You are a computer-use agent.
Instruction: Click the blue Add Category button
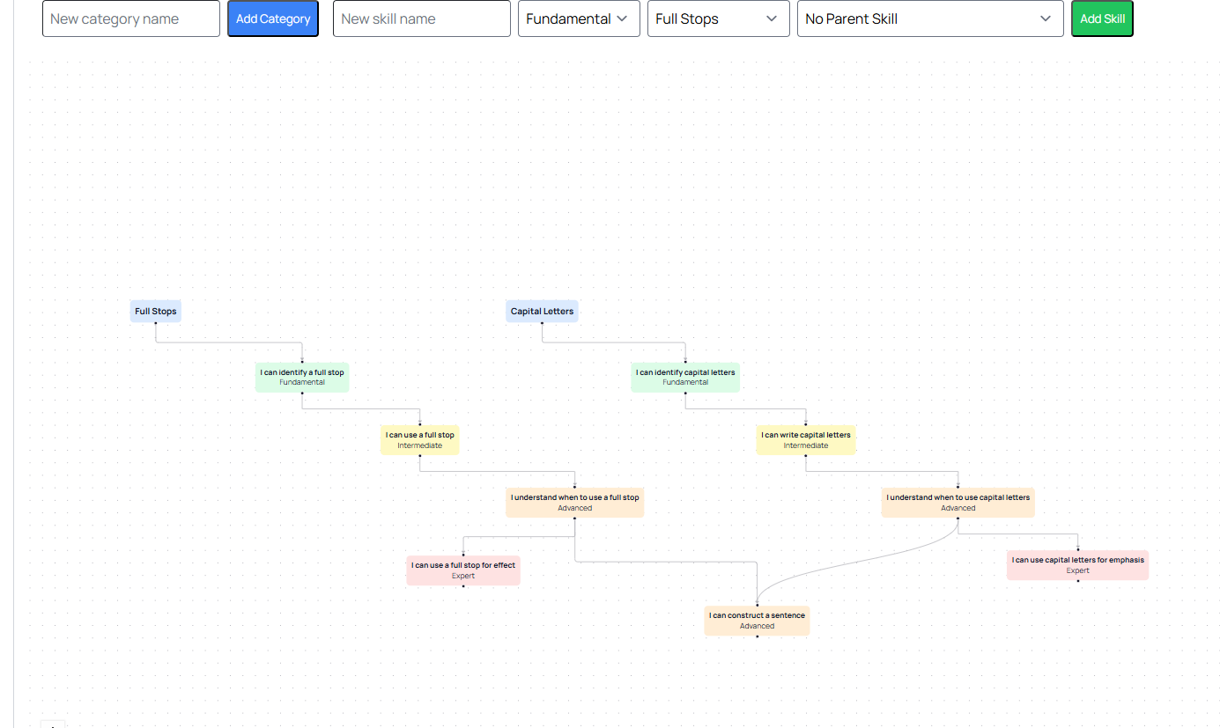pos(273,18)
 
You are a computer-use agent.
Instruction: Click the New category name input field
pos(131,18)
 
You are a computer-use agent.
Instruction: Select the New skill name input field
pos(422,18)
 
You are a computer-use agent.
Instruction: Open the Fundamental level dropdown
pos(579,18)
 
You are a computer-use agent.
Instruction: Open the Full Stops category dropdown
pos(719,18)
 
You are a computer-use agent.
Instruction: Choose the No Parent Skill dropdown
pos(930,18)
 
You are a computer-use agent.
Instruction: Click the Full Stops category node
pos(156,312)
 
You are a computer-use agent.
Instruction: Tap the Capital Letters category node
pos(542,312)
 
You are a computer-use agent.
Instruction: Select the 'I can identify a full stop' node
pos(302,377)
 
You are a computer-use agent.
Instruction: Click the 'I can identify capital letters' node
pos(685,377)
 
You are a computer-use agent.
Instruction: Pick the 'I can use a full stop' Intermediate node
pos(420,439)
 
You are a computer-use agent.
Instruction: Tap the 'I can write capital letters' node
pos(805,439)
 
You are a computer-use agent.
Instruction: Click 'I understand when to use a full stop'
pos(574,502)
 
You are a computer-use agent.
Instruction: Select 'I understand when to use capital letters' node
pos(958,502)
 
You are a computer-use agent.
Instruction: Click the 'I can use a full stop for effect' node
pos(463,570)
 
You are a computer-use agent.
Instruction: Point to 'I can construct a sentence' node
pos(757,621)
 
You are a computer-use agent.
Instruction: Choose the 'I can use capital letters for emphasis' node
pos(1078,565)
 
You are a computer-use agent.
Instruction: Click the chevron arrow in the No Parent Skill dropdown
pos(1046,18)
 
